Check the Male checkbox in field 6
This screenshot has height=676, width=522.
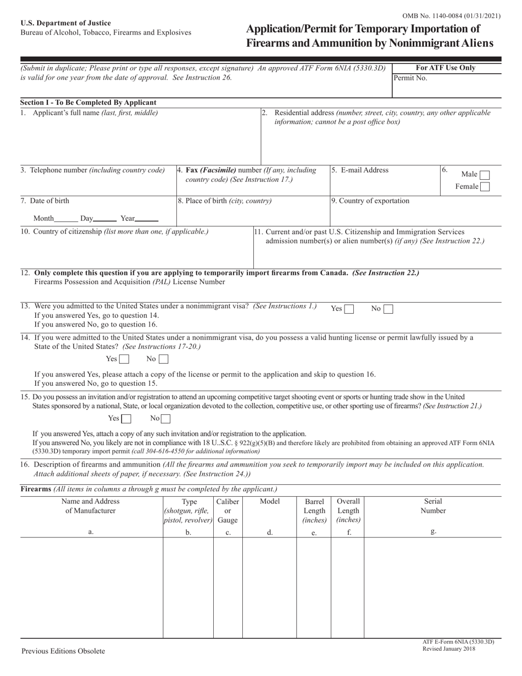[485, 175]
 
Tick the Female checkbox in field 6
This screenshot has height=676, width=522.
[485, 187]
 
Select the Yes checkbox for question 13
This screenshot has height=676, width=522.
[349, 309]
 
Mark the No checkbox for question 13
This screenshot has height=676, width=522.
[388, 309]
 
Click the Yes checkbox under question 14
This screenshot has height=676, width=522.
[124, 359]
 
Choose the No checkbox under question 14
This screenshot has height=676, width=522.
[163, 359]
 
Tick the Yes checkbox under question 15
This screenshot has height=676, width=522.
[126, 419]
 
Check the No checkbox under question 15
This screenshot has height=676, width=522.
[165, 419]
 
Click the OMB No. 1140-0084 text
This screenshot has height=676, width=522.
[451, 16]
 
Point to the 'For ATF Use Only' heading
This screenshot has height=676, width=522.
[446, 68]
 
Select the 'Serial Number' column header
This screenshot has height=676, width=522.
[433, 506]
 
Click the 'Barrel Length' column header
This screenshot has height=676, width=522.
[314, 511]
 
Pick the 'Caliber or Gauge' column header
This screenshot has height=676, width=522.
[228, 511]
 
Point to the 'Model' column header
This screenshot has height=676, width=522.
[270, 501]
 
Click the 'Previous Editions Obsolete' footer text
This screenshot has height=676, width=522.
[63, 651]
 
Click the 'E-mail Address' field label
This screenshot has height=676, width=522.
[360, 170]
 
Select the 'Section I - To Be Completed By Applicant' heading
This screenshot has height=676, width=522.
[88, 102]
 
